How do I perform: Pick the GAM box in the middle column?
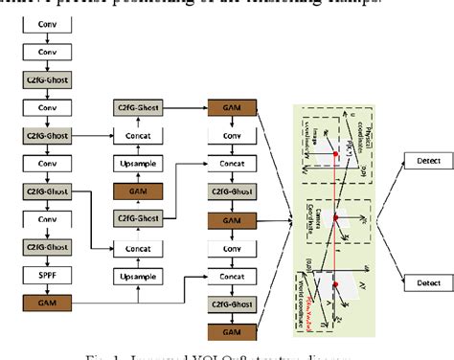click(136, 192)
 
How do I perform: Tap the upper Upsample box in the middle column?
click(136, 165)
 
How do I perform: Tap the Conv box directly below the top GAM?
click(233, 138)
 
